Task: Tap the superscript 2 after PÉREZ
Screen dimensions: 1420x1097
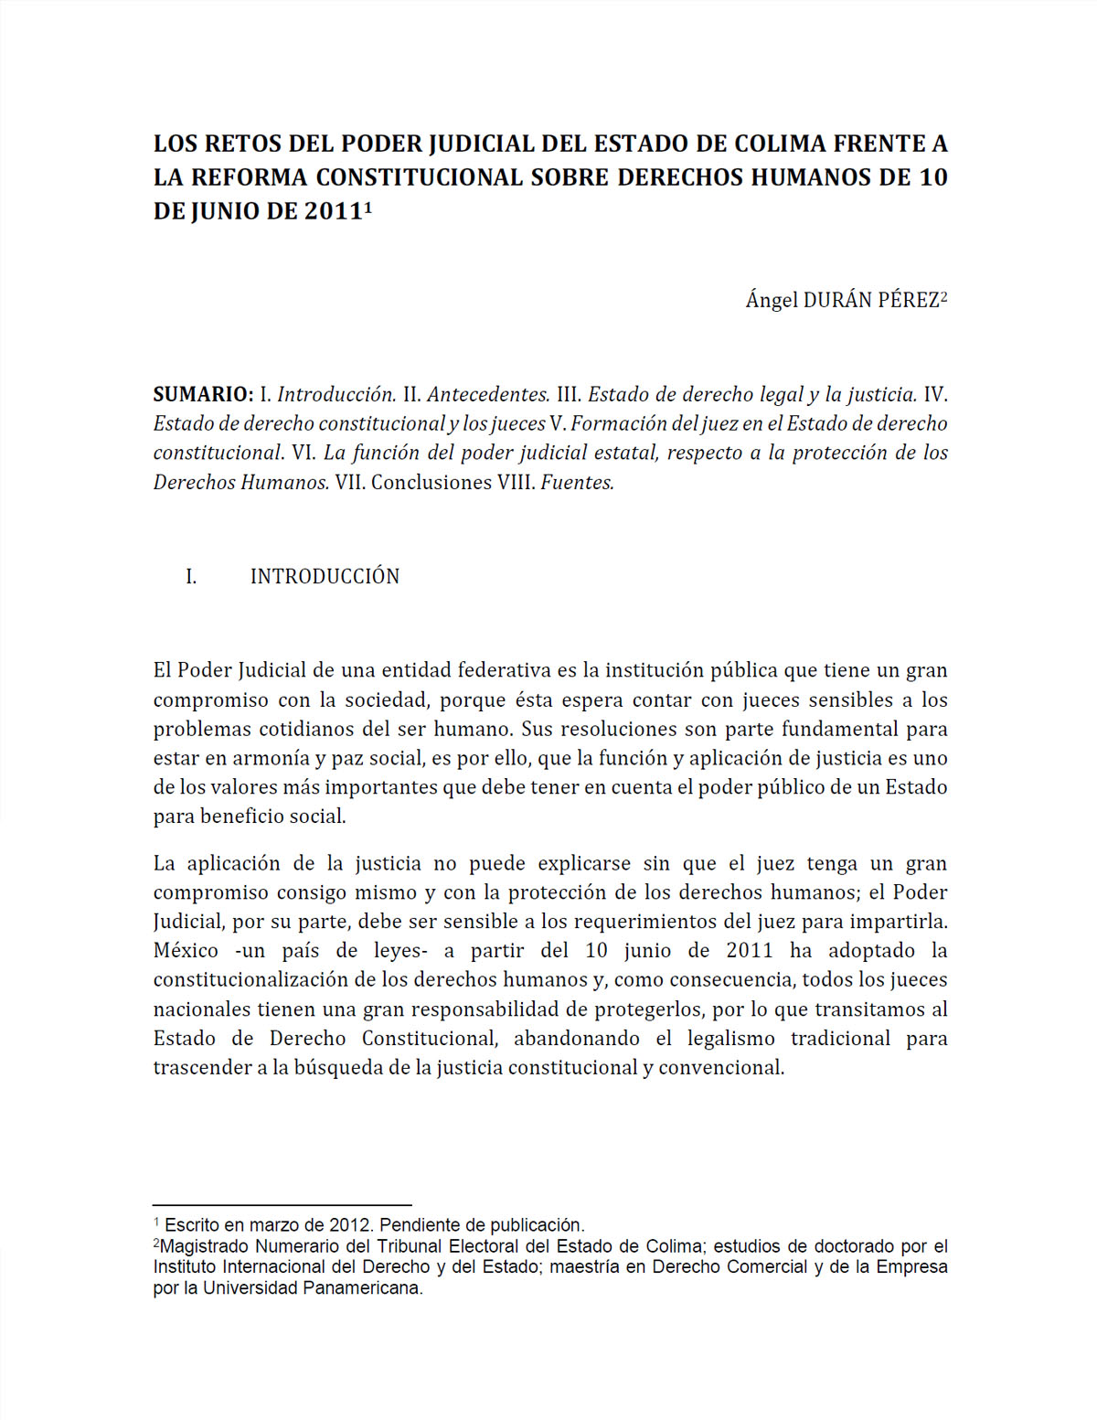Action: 943,295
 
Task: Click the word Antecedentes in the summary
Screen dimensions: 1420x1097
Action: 488,395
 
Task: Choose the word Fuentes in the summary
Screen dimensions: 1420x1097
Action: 577,483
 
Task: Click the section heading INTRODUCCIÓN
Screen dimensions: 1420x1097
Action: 325,577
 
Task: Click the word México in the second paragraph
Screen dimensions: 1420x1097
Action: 186,951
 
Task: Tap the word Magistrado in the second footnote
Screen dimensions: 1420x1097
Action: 204,1246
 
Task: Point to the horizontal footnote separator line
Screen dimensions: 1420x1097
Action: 282,1206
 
